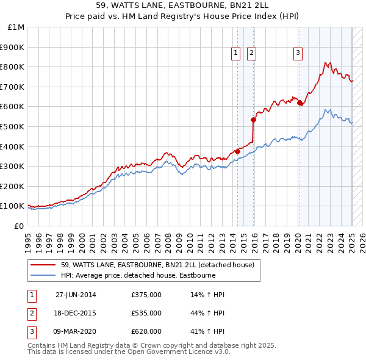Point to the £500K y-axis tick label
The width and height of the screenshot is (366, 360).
pyautogui.click(x=14, y=126)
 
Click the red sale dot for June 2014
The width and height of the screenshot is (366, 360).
pyautogui.click(x=237, y=151)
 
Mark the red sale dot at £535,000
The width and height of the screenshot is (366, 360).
pyautogui.click(x=253, y=120)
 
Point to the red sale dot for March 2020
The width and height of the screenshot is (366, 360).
pyautogui.click(x=300, y=103)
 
